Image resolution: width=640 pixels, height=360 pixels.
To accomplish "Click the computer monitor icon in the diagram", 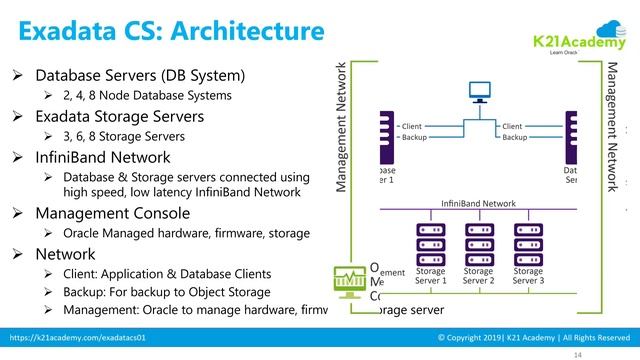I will pos(477,95).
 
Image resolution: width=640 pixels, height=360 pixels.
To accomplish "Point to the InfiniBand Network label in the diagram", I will pos(478,203).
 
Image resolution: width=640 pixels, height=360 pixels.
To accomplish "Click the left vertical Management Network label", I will pos(342,128).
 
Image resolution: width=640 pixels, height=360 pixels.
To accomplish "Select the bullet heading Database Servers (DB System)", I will pos(140,76).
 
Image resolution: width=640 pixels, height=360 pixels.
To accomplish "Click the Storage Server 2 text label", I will pos(478,276).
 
